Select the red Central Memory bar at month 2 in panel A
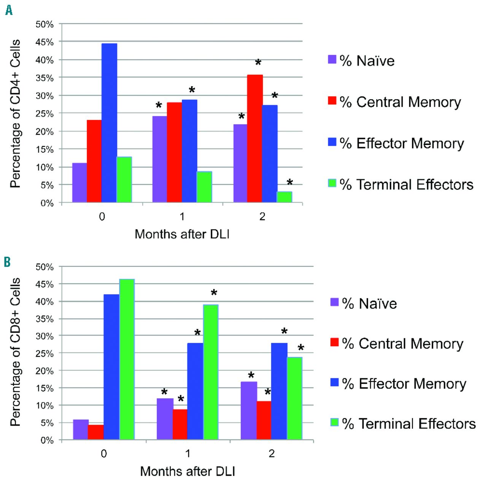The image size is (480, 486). click(254, 139)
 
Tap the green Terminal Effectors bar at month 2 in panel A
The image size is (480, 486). click(284, 197)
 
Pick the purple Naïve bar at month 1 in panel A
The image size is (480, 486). click(159, 159)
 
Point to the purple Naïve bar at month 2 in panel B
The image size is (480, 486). click(249, 410)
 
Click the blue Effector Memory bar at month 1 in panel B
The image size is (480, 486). click(195, 391)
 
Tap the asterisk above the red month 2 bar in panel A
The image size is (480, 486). click(258, 63)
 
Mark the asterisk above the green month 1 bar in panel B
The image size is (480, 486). click(214, 293)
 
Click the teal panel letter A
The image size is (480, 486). click(9, 10)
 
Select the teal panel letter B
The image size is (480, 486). click(7, 262)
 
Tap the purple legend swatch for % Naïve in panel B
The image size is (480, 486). click(334, 302)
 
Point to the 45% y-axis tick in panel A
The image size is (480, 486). click(45, 42)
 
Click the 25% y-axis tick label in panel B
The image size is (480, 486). click(45, 353)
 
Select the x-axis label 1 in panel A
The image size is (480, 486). click(182, 216)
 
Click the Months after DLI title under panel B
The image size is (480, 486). click(188, 471)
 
